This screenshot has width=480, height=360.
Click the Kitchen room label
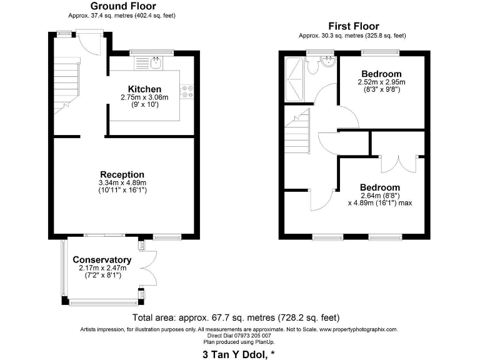tap(144, 89)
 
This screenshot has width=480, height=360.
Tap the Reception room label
tap(122, 174)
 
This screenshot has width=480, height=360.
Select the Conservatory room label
tap(102, 260)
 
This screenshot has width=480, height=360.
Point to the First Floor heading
tap(353, 26)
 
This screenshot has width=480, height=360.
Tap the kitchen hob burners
tap(187, 91)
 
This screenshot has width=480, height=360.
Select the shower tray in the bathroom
tap(294, 79)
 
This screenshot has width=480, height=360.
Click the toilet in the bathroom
tap(328, 64)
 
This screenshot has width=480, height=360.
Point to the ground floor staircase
tap(65, 84)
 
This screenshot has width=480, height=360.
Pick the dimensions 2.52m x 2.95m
tap(381, 82)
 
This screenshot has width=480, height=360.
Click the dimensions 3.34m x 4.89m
tap(122, 182)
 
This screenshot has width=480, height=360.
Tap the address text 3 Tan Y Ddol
tap(239, 354)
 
